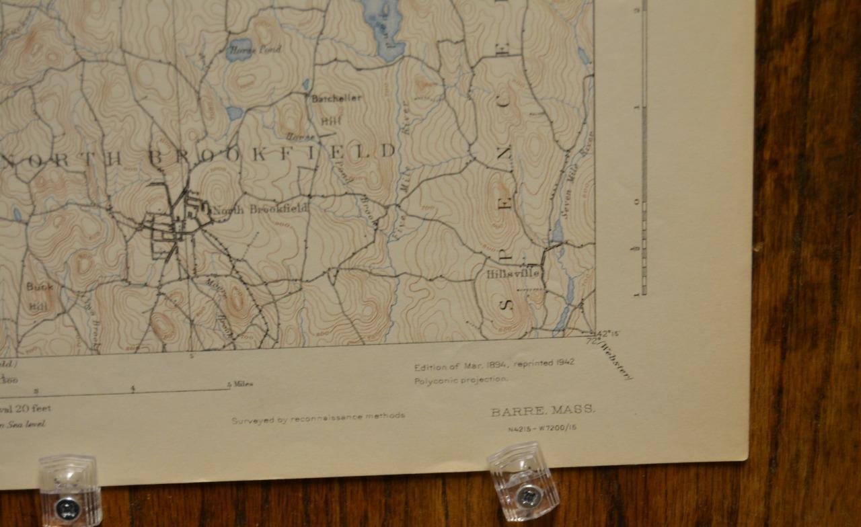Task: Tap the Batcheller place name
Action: pyautogui.click(x=336, y=98)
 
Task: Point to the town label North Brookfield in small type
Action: pyautogui.click(x=260, y=209)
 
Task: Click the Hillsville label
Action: pyautogui.click(x=513, y=274)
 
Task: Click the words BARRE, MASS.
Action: pyautogui.click(x=542, y=410)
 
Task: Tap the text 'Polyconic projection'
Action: pyautogui.click(x=461, y=379)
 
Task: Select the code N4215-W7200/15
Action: pyautogui.click(x=542, y=428)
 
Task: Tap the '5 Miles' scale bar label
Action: pyautogui.click(x=239, y=384)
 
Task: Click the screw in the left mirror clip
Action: pyautogui.click(x=67, y=507)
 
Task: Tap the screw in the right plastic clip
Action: pyautogui.click(x=526, y=495)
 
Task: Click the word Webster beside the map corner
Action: pyautogui.click(x=617, y=361)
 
